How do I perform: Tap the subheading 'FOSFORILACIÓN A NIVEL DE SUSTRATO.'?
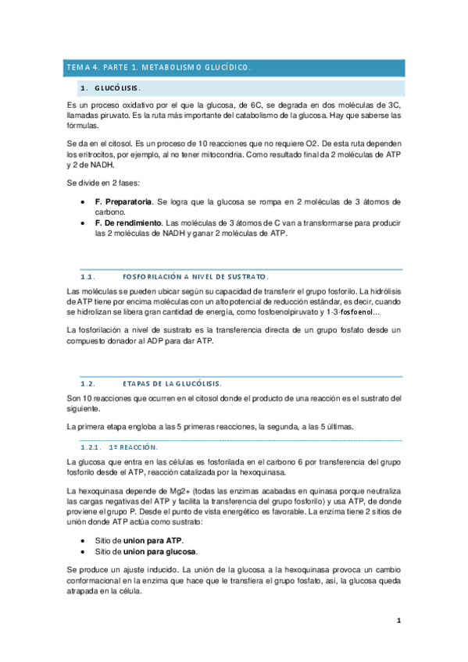196,276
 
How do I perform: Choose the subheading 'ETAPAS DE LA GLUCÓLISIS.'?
172,383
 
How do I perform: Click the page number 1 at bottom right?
398,621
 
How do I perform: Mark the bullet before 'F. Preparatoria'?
84,202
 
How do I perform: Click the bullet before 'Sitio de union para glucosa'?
84,551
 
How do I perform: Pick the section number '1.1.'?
87,276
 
